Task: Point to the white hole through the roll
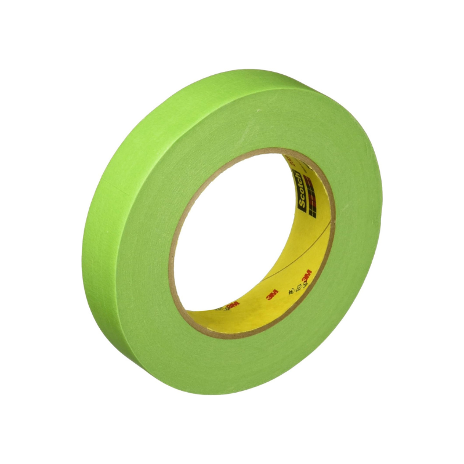[232, 232]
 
